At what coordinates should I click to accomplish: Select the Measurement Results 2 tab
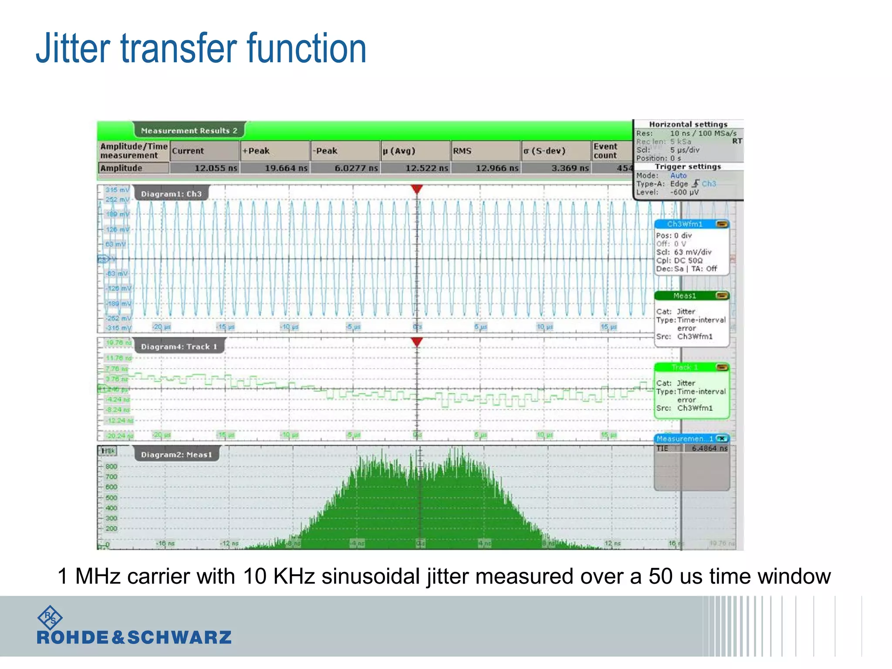coord(189,131)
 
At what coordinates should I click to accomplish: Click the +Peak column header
coord(256,151)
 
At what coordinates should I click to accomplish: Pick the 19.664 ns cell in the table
coord(286,168)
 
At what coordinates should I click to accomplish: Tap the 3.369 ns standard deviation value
coord(570,168)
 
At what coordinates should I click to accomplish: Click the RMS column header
coord(462,151)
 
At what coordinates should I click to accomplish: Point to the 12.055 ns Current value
coord(216,168)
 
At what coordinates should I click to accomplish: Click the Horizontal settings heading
coord(688,125)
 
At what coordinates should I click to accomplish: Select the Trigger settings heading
coord(688,167)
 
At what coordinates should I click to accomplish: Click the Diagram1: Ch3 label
coord(171,194)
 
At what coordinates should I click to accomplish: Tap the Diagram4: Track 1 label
coord(179,347)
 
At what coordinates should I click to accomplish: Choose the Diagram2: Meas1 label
coord(176,455)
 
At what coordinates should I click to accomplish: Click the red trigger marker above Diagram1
coord(417,189)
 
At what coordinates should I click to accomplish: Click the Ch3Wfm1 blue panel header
coord(685,224)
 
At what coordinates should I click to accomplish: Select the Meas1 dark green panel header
coord(685,296)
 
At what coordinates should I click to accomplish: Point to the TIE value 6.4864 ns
coord(710,448)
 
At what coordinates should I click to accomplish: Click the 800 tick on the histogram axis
coord(111,466)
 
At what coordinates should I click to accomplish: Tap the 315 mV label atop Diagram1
coord(117,190)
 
